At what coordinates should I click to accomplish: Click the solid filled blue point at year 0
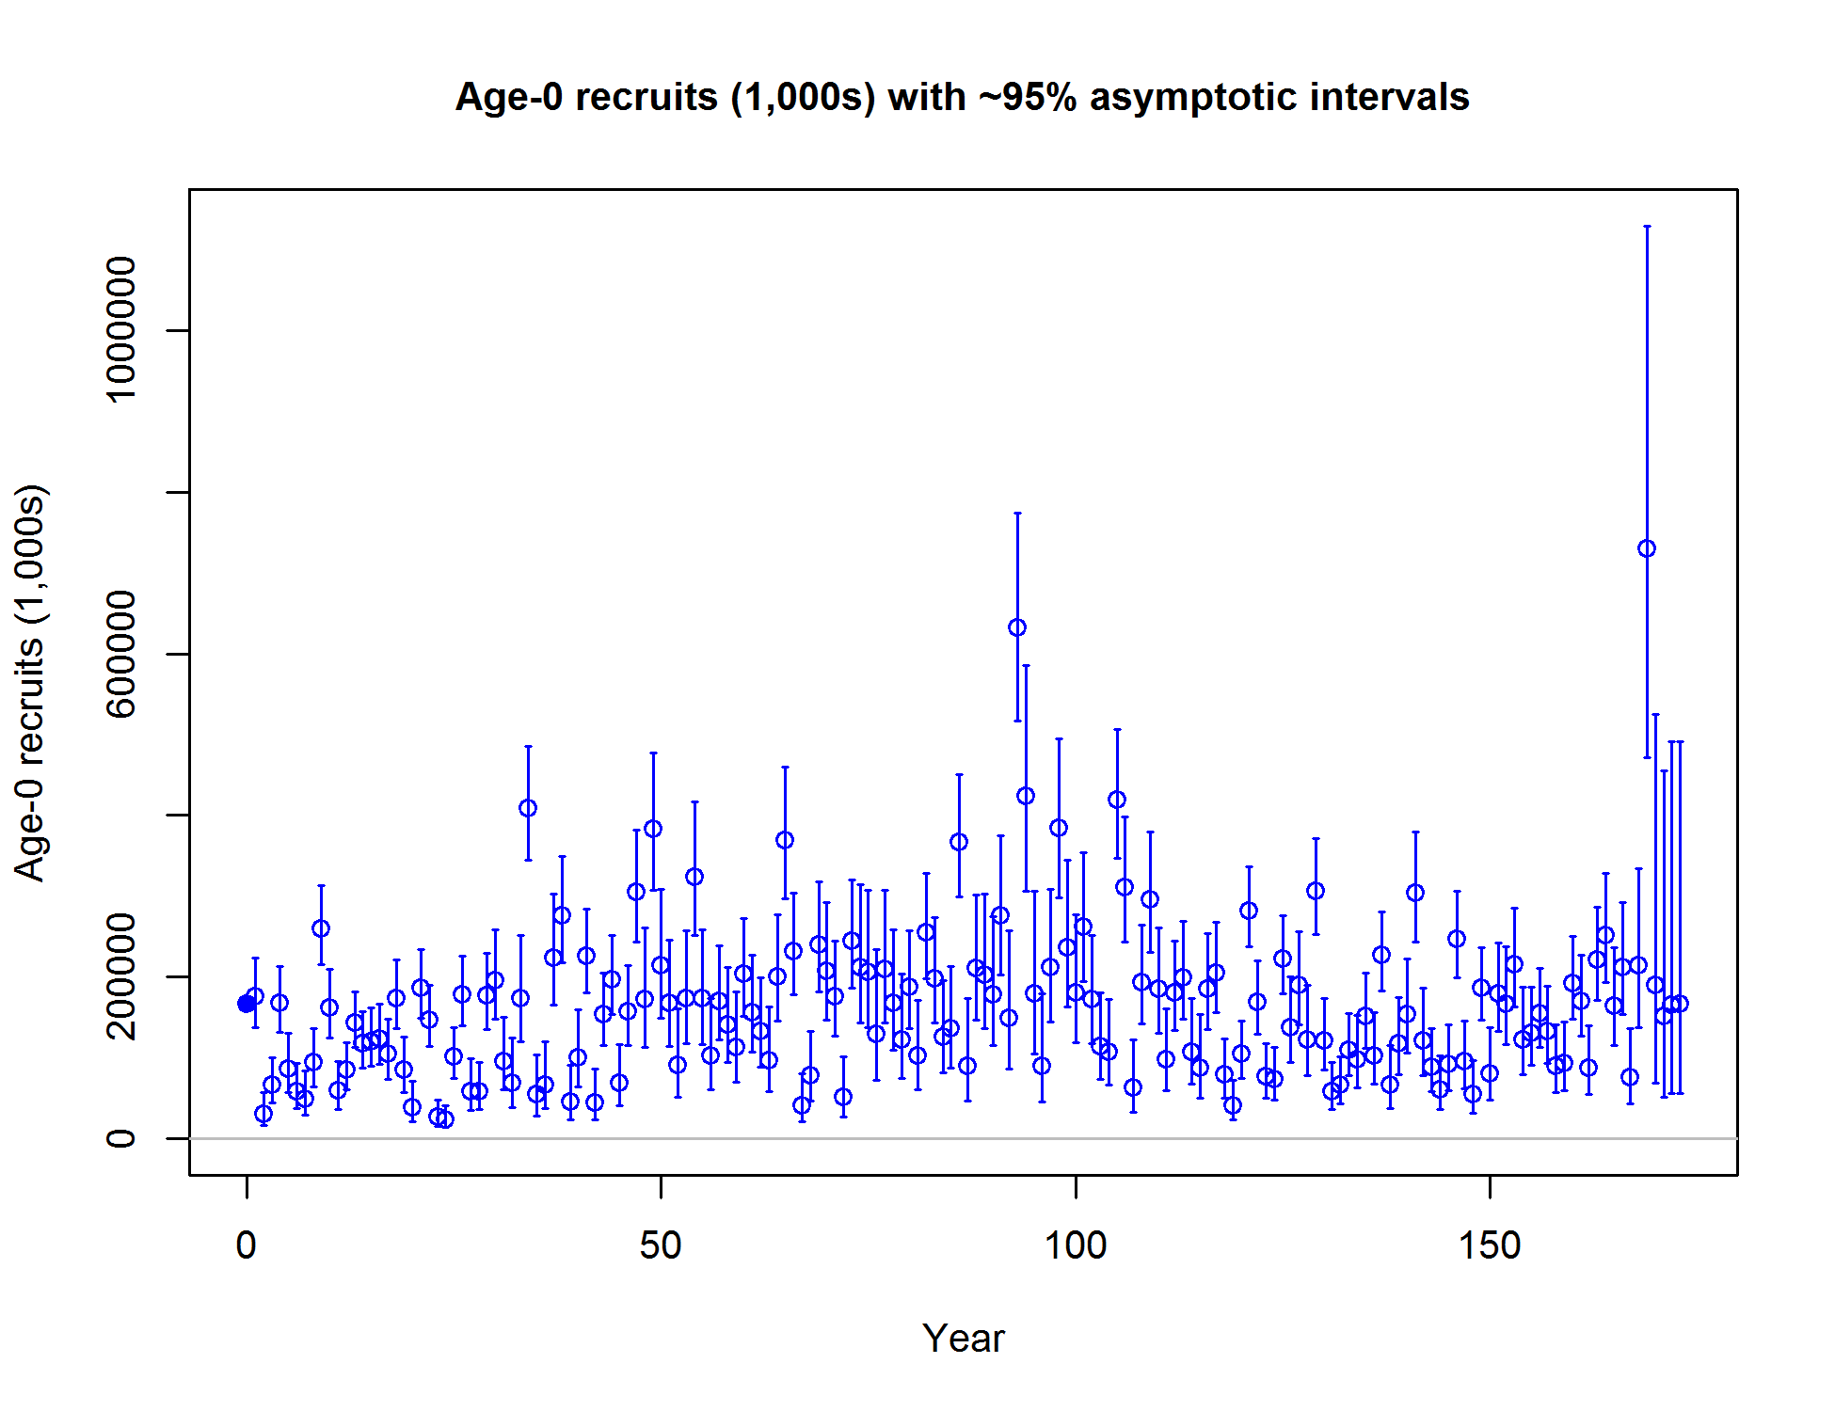247,1004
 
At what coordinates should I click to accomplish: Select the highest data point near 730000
1647,548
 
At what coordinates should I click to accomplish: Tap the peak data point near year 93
1017,627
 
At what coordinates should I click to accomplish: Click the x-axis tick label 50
661,1245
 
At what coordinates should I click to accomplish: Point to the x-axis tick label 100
1076,1245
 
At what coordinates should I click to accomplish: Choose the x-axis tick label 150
1490,1245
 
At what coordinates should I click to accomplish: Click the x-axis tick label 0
247,1245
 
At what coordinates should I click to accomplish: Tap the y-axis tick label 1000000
121,330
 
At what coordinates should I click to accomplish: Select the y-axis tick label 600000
121,654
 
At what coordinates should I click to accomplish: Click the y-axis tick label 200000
121,976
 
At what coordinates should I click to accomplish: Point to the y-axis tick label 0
121,1138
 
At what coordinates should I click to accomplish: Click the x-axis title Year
963,1338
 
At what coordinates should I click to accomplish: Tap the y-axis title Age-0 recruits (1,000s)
30,683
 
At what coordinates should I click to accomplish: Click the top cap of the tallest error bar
1647,227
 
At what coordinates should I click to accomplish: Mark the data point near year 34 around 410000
528,808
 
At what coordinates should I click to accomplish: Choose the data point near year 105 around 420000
1117,800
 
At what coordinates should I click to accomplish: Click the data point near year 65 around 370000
785,840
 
